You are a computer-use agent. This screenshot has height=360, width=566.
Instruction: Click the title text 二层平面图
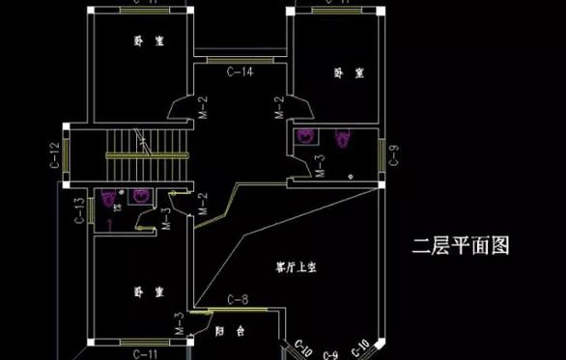460,246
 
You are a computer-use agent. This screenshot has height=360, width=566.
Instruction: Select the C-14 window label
240,71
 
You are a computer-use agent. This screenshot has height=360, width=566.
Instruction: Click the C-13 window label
79,208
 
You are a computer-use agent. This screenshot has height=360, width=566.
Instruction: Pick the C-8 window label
238,300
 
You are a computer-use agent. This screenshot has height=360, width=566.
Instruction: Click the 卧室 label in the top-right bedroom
347,72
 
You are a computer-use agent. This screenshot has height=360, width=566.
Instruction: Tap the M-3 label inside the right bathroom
320,165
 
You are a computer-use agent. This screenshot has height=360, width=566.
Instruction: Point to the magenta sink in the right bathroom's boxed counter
306,137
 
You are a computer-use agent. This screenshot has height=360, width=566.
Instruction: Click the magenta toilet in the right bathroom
342,139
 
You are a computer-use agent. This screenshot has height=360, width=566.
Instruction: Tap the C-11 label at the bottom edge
146,354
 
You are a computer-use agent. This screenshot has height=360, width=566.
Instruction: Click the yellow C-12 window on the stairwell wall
66,154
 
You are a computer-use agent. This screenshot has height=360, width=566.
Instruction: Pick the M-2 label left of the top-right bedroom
279,108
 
